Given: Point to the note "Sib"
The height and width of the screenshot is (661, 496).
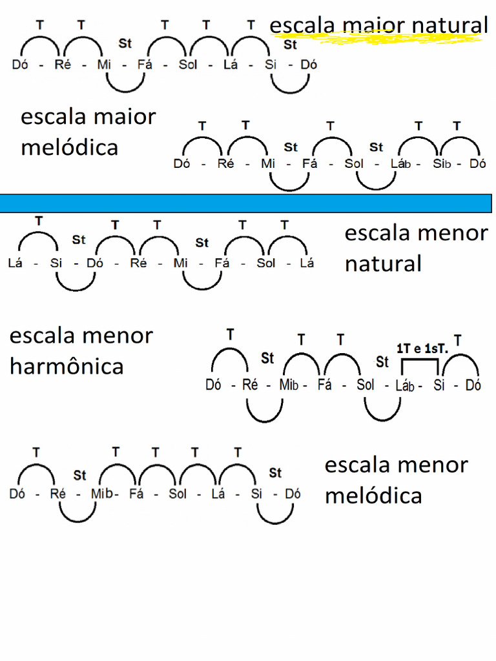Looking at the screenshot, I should point(442,164).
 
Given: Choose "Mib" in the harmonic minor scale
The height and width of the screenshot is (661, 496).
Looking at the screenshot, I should point(288,385).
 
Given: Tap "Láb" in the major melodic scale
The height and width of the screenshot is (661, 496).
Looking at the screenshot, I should point(400,164).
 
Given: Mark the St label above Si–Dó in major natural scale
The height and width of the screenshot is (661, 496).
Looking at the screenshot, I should point(291,45).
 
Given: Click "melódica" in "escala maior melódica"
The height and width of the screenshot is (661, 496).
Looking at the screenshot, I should point(69,147).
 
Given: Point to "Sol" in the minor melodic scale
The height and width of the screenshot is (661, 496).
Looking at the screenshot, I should point(178,494).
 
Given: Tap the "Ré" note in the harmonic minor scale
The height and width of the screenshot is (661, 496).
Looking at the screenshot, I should point(250,385).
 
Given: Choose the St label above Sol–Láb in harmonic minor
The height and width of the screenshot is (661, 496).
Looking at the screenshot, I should point(382,361).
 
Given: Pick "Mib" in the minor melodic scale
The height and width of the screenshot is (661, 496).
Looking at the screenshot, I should point(101,494).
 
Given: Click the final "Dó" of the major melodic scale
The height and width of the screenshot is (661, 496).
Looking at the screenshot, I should point(478,164).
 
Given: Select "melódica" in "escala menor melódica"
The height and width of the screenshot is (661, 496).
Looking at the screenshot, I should point(373,496).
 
